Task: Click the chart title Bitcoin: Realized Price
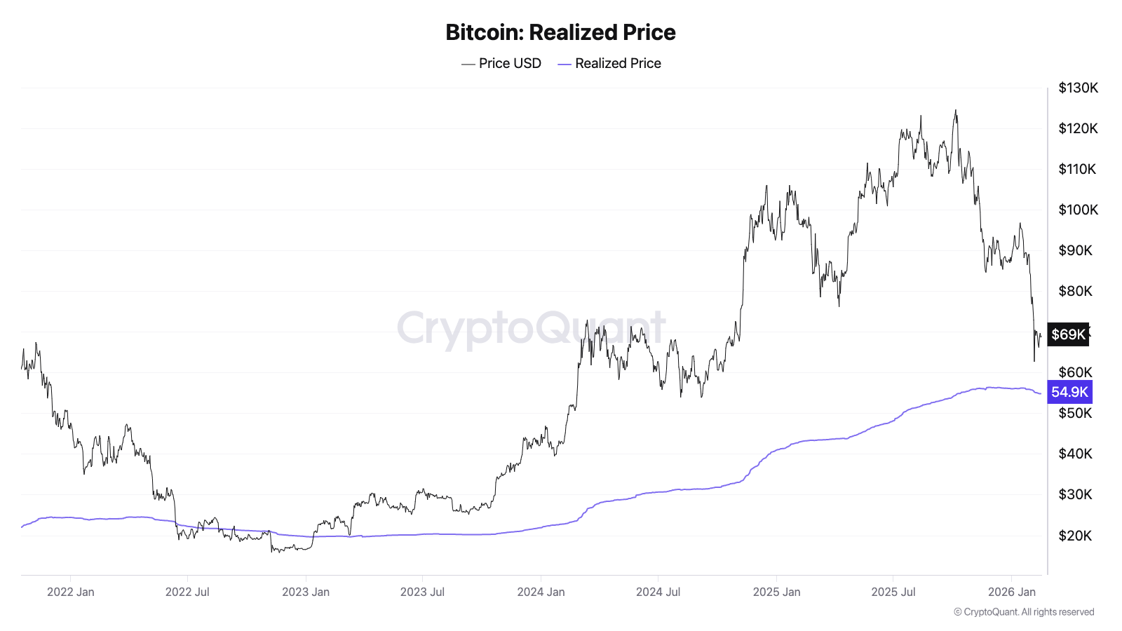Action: (560, 32)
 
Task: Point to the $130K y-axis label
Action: (1078, 88)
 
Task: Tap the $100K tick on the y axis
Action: (1078, 210)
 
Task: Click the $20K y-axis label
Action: (1075, 536)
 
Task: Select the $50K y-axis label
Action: (1075, 413)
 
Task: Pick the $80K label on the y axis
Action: (1075, 291)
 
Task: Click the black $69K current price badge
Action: (1068, 334)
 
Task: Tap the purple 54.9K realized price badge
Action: (1069, 392)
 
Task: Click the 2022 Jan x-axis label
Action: (70, 592)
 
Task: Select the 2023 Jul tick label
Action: (422, 592)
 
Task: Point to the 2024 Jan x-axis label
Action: (541, 592)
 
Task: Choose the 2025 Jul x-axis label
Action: (893, 592)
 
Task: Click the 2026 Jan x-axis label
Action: (1011, 592)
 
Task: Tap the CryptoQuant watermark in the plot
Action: (531, 328)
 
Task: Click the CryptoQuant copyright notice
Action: (1024, 612)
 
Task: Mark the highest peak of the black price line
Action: (955, 110)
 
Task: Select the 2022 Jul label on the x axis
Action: (187, 592)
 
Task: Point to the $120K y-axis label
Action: (1078, 128)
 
